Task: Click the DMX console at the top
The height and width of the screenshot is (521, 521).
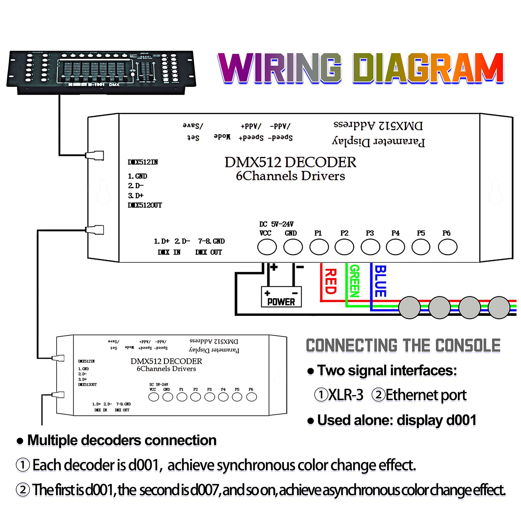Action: [101, 72]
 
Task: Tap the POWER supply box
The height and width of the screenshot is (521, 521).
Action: [281, 297]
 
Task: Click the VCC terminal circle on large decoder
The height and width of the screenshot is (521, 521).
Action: [267, 247]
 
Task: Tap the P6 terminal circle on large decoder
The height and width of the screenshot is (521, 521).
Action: [447, 247]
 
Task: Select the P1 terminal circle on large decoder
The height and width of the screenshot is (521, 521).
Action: [319, 247]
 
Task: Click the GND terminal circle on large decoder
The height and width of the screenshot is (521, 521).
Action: [293, 247]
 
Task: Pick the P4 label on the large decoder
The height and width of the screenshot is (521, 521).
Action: [395, 233]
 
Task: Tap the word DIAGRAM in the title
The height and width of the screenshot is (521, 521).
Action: [428, 68]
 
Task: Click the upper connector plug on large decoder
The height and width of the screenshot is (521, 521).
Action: [95, 155]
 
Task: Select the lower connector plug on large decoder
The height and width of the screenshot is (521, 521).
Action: [95, 230]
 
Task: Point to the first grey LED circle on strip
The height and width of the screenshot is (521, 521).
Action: [410, 307]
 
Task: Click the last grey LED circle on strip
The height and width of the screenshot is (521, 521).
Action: [499, 307]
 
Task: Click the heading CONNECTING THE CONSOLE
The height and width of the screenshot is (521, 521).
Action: [403, 345]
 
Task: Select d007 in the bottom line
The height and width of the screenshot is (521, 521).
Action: [204, 490]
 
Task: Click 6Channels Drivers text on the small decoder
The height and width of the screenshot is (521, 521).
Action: [166, 369]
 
